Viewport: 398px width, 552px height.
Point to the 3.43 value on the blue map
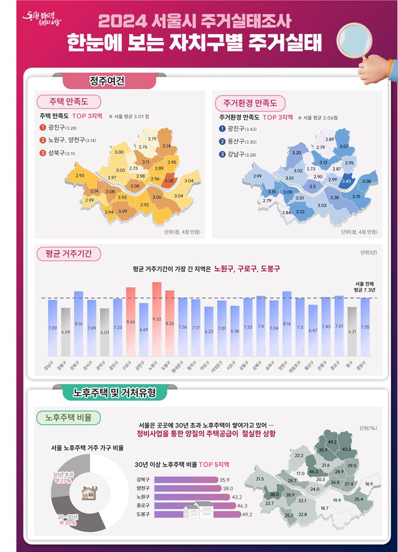tap(346, 181)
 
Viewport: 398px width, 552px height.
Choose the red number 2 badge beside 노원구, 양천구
tap(43, 140)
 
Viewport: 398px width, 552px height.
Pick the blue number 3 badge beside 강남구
tap(222, 155)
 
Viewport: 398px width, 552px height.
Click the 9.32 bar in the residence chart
tap(157, 319)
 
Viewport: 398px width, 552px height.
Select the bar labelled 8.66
tap(131, 321)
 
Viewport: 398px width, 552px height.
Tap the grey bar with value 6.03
tap(105, 332)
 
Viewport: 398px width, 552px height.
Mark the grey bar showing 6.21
tap(352, 331)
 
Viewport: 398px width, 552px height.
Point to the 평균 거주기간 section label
tap(68, 253)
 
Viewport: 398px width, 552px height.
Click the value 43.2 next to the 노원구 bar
tap(238, 497)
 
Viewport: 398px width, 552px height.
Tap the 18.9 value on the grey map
tap(369, 484)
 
